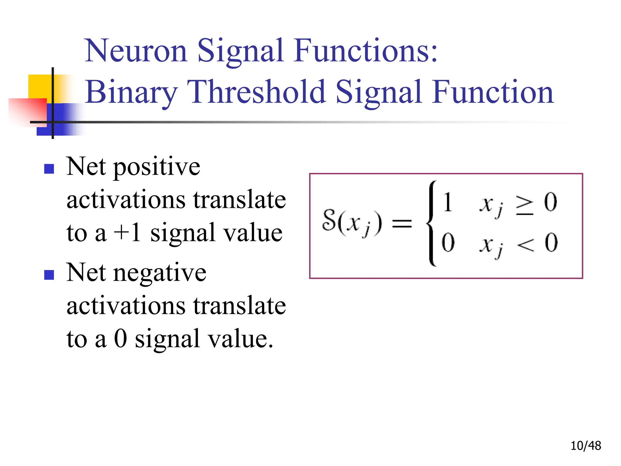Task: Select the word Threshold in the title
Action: (x=256, y=92)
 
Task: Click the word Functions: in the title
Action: (x=366, y=51)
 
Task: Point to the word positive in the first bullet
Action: (x=156, y=168)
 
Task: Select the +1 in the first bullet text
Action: (x=127, y=233)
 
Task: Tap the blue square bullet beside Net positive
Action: (x=49, y=169)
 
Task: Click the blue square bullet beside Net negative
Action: (x=49, y=275)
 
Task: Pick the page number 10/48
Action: (x=586, y=446)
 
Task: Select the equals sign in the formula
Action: (x=402, y=225)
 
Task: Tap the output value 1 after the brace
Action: (x=448, y=202)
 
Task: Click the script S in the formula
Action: (x=329, y=220)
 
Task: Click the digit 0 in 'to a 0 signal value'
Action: (x=120, y=339)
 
